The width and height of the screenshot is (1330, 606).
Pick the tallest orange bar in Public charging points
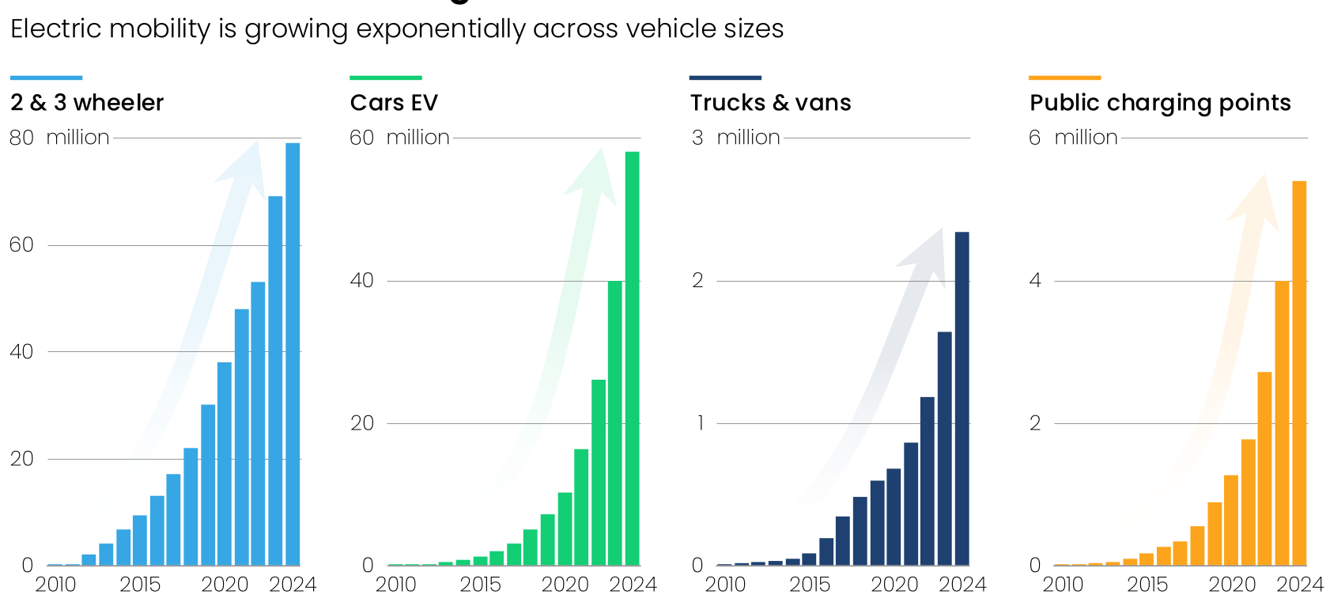click(1299, 373)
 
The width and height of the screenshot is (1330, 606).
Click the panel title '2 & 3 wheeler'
click(87, 103)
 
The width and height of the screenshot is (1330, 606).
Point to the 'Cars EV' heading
click(394, 103)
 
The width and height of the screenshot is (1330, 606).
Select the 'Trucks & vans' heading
click(771, 103)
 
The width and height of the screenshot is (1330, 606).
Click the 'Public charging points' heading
click(1160, 103)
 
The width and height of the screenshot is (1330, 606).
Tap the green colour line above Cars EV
click(386, 78)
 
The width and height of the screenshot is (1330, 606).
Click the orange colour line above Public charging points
click(1065, 78)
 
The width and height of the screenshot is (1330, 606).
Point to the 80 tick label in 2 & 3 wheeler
click(21, 138)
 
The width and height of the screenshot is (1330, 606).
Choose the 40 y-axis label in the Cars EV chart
click(361, 281)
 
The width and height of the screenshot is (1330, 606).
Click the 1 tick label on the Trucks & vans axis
click(700, 423)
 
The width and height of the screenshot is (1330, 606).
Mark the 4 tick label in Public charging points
click(1035, 281)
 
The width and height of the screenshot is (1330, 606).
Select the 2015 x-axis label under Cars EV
click(481, 585)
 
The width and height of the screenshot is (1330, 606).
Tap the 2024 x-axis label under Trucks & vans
click(962, 585)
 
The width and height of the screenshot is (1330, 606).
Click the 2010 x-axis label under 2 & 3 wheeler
click(55, 585)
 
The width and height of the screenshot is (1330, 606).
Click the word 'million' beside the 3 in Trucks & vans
click(748, 138)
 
